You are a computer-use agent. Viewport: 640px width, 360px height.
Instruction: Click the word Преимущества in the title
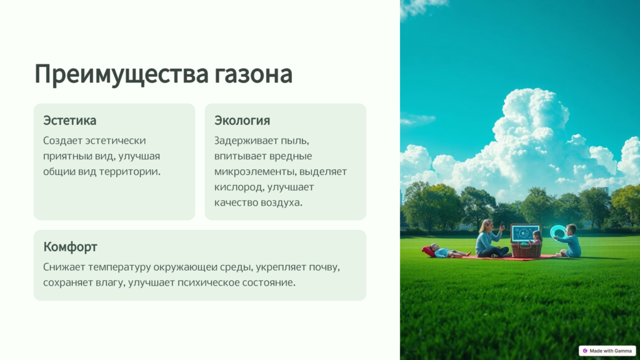122,74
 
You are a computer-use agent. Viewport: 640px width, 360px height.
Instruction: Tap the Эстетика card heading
70,121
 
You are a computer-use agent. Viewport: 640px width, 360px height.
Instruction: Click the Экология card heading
242,121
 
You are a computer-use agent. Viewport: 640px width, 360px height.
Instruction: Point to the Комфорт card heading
70,247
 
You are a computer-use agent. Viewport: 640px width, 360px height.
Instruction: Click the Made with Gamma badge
607,351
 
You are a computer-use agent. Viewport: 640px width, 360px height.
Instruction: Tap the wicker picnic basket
526,250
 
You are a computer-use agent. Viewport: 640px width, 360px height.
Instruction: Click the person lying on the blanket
446,251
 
